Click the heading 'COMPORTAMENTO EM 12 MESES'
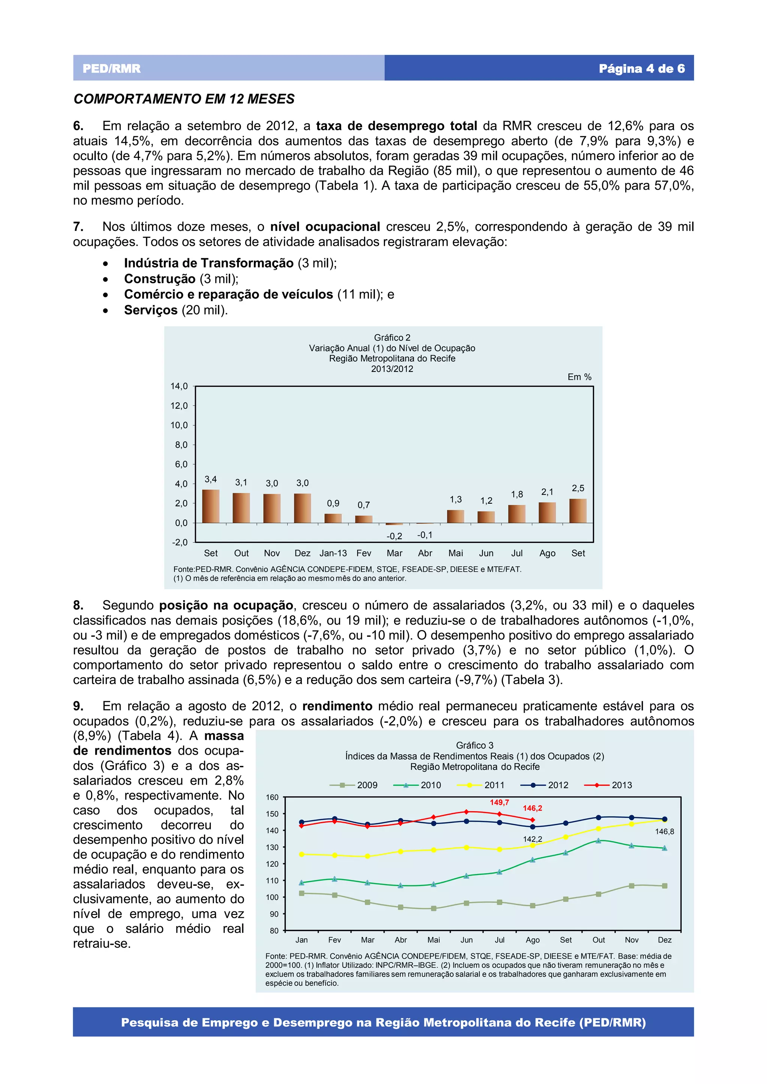[184, 99]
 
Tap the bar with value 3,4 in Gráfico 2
[211, 506]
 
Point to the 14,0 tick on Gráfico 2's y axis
[179, 386]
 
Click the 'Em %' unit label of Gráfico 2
[579, 377]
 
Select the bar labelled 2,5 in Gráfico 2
[577, 511]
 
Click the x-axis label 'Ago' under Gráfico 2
[547, 553]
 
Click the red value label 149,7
[499, 802]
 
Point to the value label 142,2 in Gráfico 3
[532, 839]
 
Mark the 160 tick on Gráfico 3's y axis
[272, 797]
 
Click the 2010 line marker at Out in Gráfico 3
[598, 840]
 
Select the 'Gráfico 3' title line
[475, 745]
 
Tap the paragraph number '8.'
[78, 605]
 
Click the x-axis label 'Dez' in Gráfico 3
[664, 940]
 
